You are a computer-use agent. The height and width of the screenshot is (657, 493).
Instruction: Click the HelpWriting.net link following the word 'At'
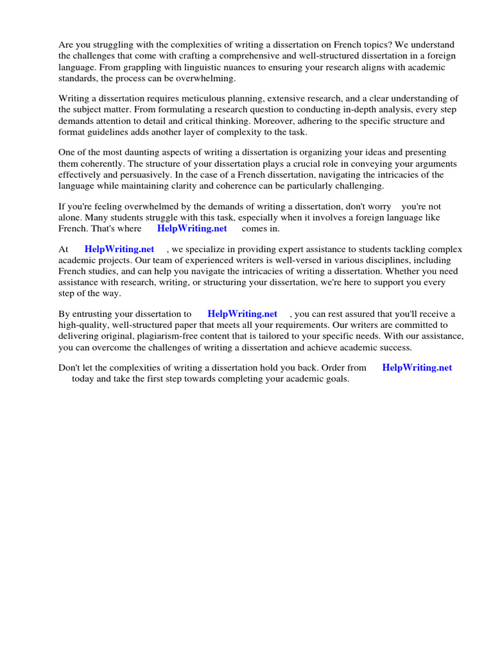119,249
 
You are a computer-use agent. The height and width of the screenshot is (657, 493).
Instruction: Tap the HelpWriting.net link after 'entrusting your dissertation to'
243,314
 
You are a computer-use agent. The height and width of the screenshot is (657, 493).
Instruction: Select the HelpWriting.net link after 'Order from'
417,368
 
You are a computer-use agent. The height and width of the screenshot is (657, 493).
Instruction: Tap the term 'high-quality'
83,325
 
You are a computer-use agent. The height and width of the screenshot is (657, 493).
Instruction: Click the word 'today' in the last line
84,379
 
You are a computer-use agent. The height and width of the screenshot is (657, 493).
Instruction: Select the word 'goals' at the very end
336,379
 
